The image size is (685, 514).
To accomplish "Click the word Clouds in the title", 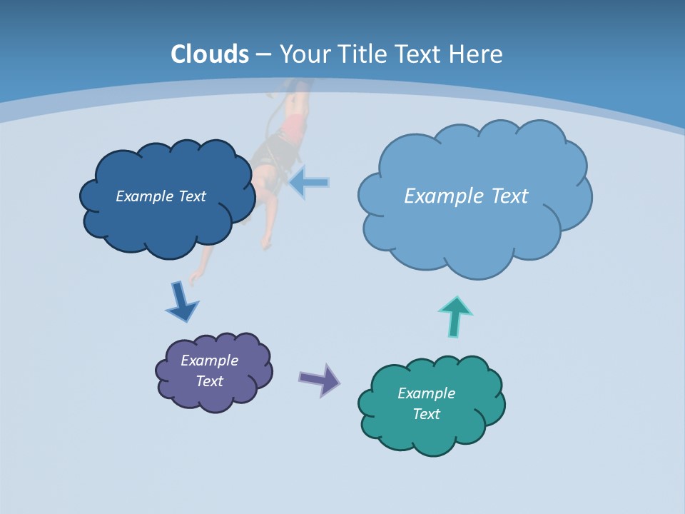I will click(x=210, y=54).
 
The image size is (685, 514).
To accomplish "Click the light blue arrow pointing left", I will click(x=309, y=183).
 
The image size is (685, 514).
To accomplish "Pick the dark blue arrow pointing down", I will click(x=181, y=302).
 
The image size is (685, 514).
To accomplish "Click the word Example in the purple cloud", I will click(x=209, y=361).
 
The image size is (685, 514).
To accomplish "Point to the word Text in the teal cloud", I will click(x=426, y=414).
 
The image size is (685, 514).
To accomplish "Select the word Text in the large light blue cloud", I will click(x=504, y=196).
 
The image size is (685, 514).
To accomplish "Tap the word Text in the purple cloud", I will click(x=209, y=381).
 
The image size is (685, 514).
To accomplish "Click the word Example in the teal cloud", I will click(x=426, y=393).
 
